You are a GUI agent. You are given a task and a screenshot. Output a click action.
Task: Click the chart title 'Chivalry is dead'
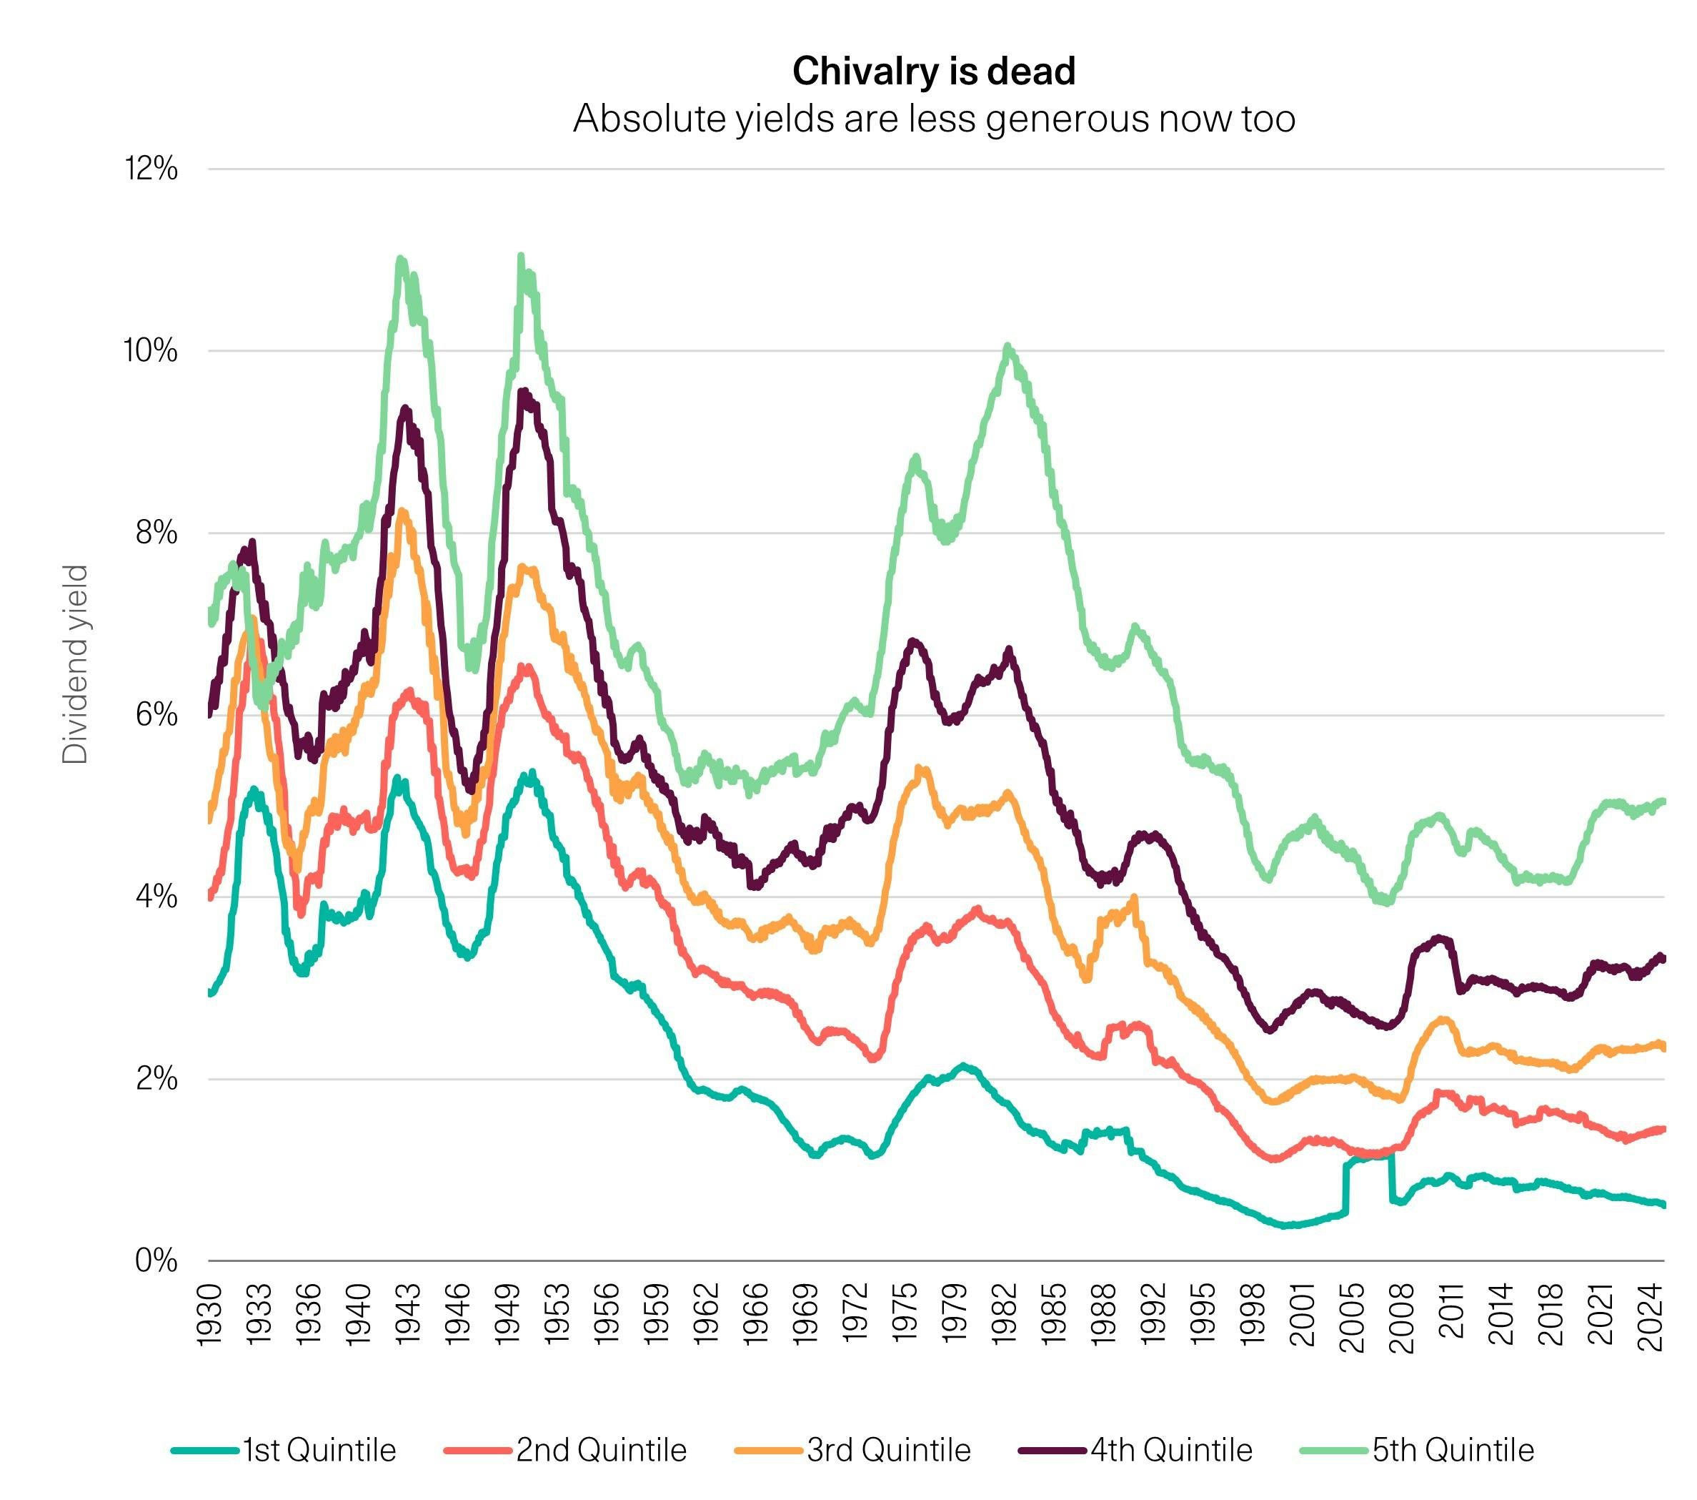tap(933, 71)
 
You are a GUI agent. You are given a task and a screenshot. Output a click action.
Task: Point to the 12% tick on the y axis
tap(151, 169)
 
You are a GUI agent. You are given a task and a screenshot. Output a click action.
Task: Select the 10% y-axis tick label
tap(151, 351)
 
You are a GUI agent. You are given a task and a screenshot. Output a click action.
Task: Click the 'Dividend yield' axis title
tap(76, 664)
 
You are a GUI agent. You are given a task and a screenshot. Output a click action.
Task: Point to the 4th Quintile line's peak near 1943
tap(405, 409)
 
